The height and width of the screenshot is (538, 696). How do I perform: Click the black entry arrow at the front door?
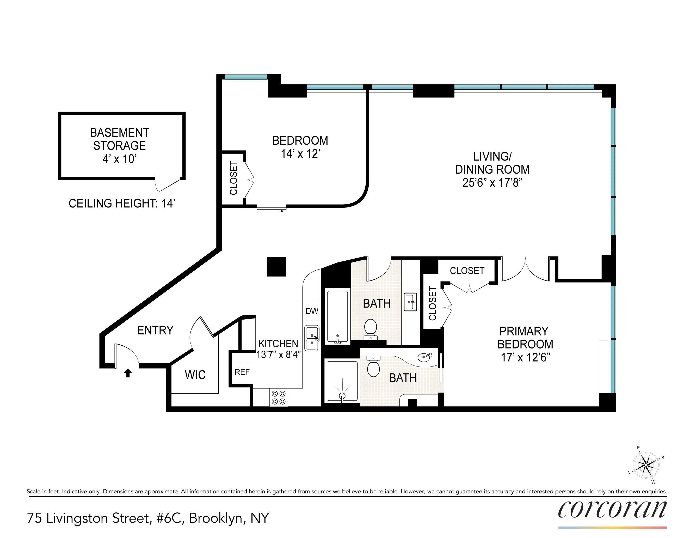click(x=128, y=373)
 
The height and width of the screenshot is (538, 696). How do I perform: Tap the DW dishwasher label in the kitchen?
click(x=312, y=311)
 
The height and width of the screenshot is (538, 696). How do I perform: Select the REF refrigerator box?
click(x=242, y=372)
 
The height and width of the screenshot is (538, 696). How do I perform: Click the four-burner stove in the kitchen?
click(x=279, y=398)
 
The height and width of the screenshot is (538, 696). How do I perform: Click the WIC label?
click(x=195, y=375)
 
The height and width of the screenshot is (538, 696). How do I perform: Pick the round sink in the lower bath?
click(x=424, y=358)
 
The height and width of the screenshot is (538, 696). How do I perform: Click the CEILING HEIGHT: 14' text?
click(x=122, y=203)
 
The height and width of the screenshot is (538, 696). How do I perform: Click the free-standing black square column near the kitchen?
click(x=276, y=266)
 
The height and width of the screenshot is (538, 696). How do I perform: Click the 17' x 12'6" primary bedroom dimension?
click(x=525, y=357)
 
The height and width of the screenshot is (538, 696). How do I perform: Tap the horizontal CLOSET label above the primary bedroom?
click(x=467, y=271)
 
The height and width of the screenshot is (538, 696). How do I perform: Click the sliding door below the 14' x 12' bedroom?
click(x=272, y=209)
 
